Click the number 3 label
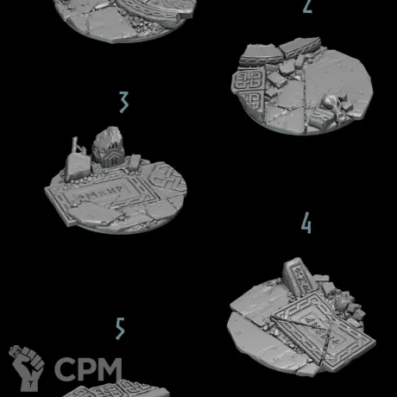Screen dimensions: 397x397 pos(124,102)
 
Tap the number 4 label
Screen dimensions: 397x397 pos(306,223)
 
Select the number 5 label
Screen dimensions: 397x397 pos(120,329)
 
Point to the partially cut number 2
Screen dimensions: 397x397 pos(307,6)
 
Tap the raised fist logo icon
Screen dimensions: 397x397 pos(27,368)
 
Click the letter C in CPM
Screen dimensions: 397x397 pos(65,369)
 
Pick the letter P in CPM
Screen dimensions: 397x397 pos(86,369)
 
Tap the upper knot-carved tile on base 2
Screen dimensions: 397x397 pos(249,80)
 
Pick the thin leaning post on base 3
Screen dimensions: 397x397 pos(77,146)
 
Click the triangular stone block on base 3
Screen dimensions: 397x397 pos(78,167)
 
